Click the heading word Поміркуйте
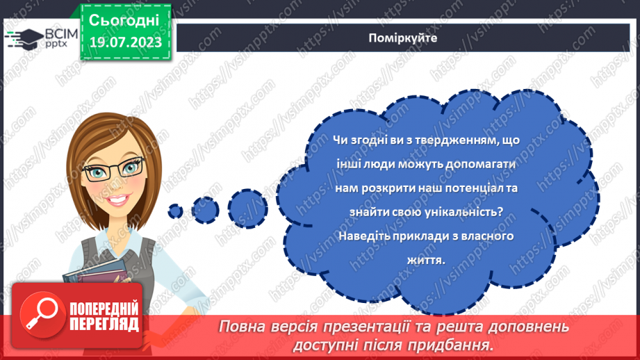(403, 38)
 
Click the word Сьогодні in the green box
(124, 21)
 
